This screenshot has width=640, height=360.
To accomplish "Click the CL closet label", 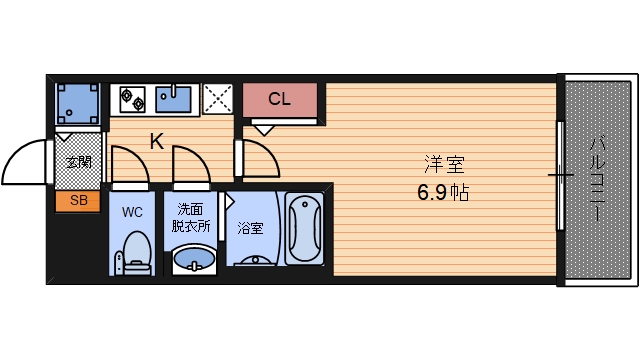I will pos(279,99).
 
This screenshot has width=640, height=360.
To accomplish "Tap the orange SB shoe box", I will pos(78,200).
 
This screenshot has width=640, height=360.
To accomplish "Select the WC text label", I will pos(132,212).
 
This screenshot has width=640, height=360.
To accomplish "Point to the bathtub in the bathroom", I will pos(304,229).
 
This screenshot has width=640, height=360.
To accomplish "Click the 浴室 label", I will pos(250,228).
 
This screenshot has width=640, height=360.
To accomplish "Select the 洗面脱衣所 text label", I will pos(192,217).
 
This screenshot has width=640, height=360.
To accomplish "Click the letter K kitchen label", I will pos(157,141).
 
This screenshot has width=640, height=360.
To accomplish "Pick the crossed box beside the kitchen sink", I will pos(217,98).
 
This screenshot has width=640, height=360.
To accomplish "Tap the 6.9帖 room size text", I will pos(443,191).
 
